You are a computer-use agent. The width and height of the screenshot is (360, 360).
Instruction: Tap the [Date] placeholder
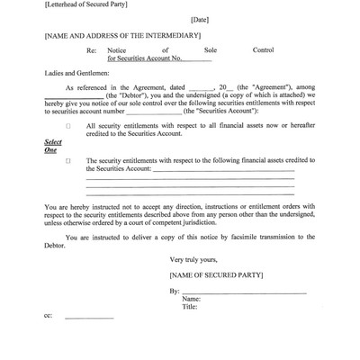pyautogui.click(x=200, y=19)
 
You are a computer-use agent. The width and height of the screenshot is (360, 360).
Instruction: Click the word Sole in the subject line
pyautogui.click(x=211, y=50)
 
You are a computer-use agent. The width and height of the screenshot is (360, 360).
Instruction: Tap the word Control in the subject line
pyautogui.click(x=264, y=50)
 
